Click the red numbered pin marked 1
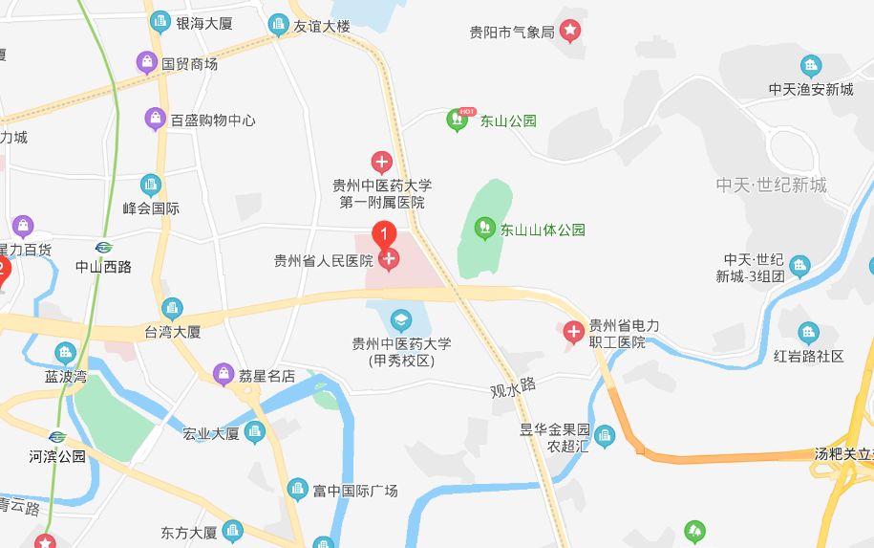[x=384, y=233]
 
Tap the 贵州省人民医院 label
[x=323, y=260]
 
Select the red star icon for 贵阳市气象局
[x=569, y=32]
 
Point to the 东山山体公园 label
[x=543, y=230]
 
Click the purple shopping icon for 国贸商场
[x=147, y=63]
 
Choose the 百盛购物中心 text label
[x=213, y=121]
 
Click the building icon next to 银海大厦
[x=160, y=22]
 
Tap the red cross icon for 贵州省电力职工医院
[x=573, y=333]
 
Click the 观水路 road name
[x=513, y=387]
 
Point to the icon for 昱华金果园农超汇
[x=605, y=437]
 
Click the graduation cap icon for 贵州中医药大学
[x=401, y=319]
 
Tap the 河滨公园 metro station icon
[x=57, y=437]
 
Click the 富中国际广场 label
[x=355, y=491]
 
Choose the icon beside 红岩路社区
[x=808, y=334]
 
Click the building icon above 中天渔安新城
[x=811, y=66]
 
